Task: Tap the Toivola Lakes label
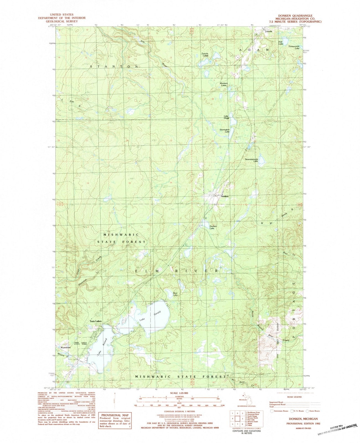coord(205,55)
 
